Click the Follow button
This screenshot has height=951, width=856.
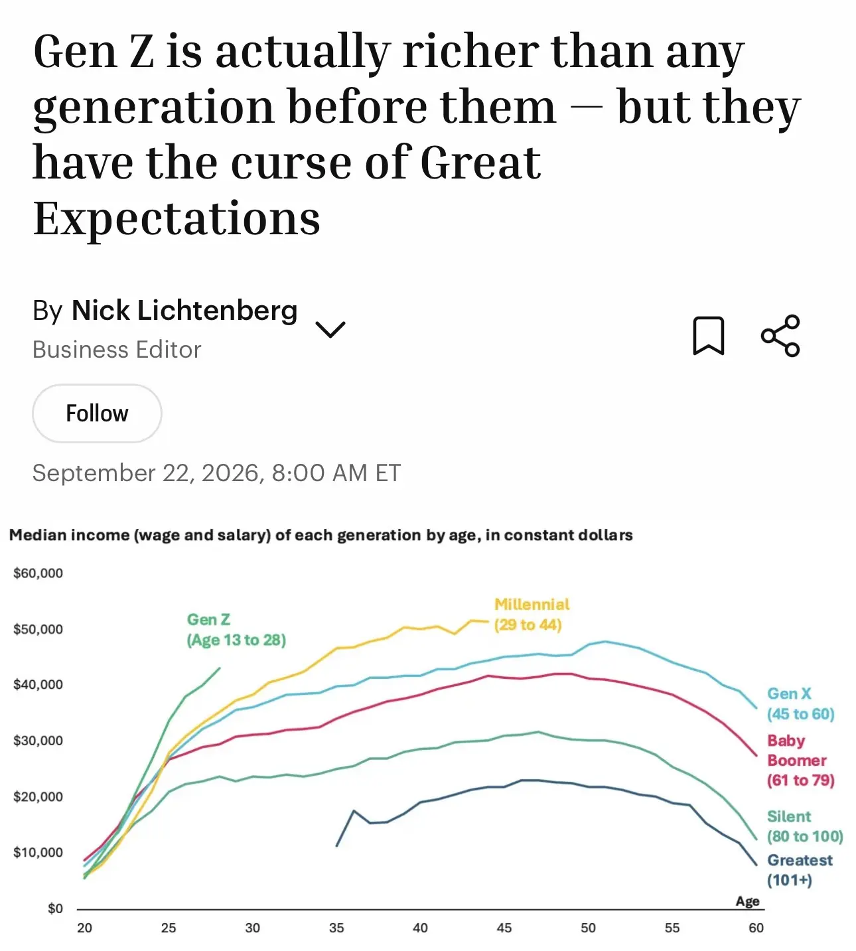97,413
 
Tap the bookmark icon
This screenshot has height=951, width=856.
708,336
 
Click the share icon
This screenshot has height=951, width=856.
780,335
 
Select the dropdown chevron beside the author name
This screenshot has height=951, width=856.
330,329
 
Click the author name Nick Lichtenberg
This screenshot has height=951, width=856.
184,311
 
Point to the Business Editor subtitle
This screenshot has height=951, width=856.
117,349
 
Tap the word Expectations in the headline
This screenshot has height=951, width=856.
177,218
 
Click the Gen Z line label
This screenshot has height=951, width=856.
236,630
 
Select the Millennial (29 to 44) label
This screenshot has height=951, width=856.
532,615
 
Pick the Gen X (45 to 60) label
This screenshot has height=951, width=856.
800,703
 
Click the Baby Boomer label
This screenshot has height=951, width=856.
800,761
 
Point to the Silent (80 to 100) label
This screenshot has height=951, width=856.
805,826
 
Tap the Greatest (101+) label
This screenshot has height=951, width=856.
800,870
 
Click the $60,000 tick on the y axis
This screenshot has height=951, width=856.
38,573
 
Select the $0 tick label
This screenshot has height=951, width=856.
55,909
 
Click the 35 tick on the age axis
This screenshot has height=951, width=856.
336,928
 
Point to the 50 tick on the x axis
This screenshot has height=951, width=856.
588,928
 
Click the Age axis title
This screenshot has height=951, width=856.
747,901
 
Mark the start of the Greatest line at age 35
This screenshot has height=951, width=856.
336,845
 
